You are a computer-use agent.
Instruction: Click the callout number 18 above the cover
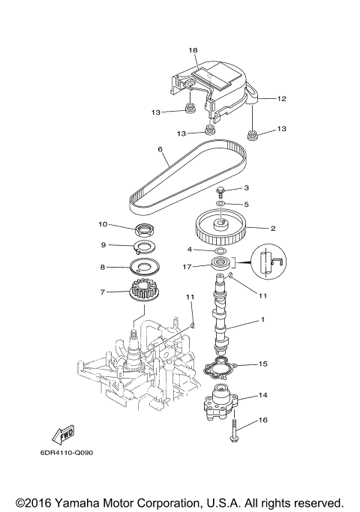pyautogui.click(x=193, y=50)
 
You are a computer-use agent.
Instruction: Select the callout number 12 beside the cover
pyautogui.click(x=282, y=98)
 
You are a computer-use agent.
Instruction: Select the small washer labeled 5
pyautogui.click(x=220, y=203)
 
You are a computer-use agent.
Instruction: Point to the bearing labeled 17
pyautogui.click(x=223, y=264)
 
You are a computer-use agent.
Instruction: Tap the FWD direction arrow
pyautogui.click(x=61, y=436)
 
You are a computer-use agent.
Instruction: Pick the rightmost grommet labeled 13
pyautogui.click(x=253, y=136)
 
